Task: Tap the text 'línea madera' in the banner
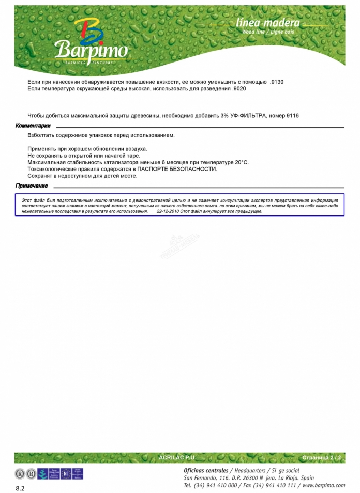[267, 23]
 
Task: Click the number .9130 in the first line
[277, 82]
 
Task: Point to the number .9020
[239, 89]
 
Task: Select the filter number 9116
[293, 115]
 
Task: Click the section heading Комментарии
[33, 126]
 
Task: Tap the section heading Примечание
[32, 186]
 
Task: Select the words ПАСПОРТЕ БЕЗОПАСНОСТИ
[177, 169]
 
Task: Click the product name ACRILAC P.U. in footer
[177, 458]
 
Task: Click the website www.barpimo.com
[324, 485]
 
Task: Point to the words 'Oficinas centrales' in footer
[205, 471]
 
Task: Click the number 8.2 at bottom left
[20, 488]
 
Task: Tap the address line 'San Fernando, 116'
[205, 478]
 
